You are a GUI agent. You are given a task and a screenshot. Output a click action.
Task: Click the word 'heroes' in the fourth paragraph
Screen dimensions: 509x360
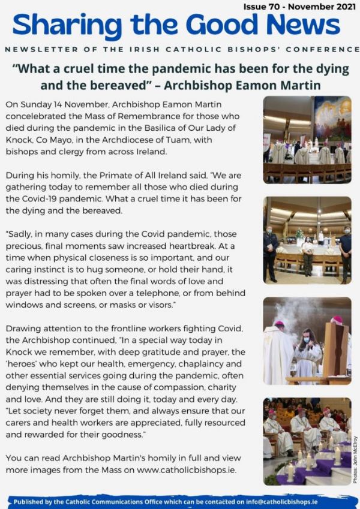pos(23,363)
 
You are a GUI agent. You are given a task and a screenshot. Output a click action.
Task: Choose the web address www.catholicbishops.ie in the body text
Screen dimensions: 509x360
pos(185,469)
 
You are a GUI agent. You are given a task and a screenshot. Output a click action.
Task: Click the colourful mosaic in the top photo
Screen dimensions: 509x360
pos(332,119)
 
